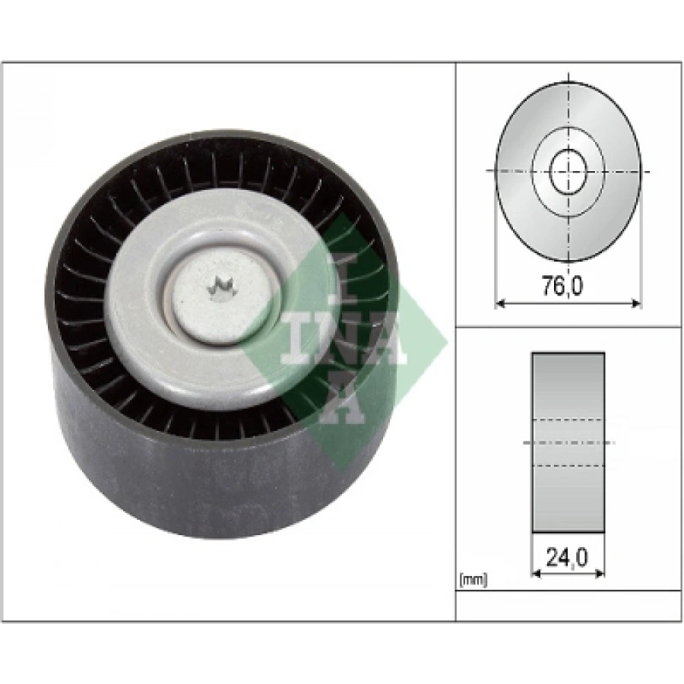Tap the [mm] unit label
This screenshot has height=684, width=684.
(x=472, y=581)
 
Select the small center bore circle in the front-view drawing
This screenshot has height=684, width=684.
(x=568, y=172)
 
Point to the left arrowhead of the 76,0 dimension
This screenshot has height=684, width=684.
(x=499, y=304)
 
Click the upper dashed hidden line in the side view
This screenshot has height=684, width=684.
(x=568, y=419)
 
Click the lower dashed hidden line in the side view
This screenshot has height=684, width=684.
(x=568, y=466)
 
